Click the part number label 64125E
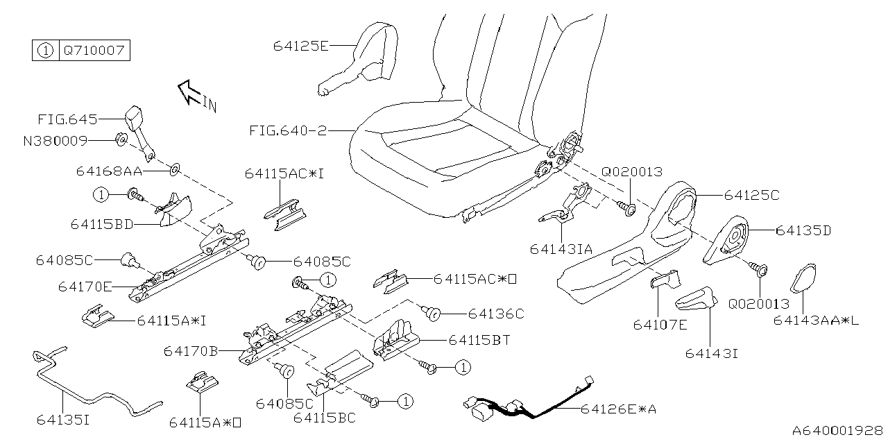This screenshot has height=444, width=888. (x=300, y=46)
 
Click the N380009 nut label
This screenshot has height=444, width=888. (x=55, y=141)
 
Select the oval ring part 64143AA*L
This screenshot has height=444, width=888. (x=804, y=280)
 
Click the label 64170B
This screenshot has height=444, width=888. (x=192, y=352)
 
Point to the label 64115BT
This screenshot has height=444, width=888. (x=480, y=340)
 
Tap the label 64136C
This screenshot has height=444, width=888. (x=495, y=314)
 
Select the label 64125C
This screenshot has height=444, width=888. (x=751, y=196)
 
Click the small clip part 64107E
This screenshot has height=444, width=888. (x=667, y=279)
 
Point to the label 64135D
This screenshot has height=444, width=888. (x=803, y=230)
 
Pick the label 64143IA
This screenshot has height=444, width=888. (x=561, y=248)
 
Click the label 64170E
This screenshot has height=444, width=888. (x=87, y=286)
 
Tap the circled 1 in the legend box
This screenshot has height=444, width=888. (x=44, y=51)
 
